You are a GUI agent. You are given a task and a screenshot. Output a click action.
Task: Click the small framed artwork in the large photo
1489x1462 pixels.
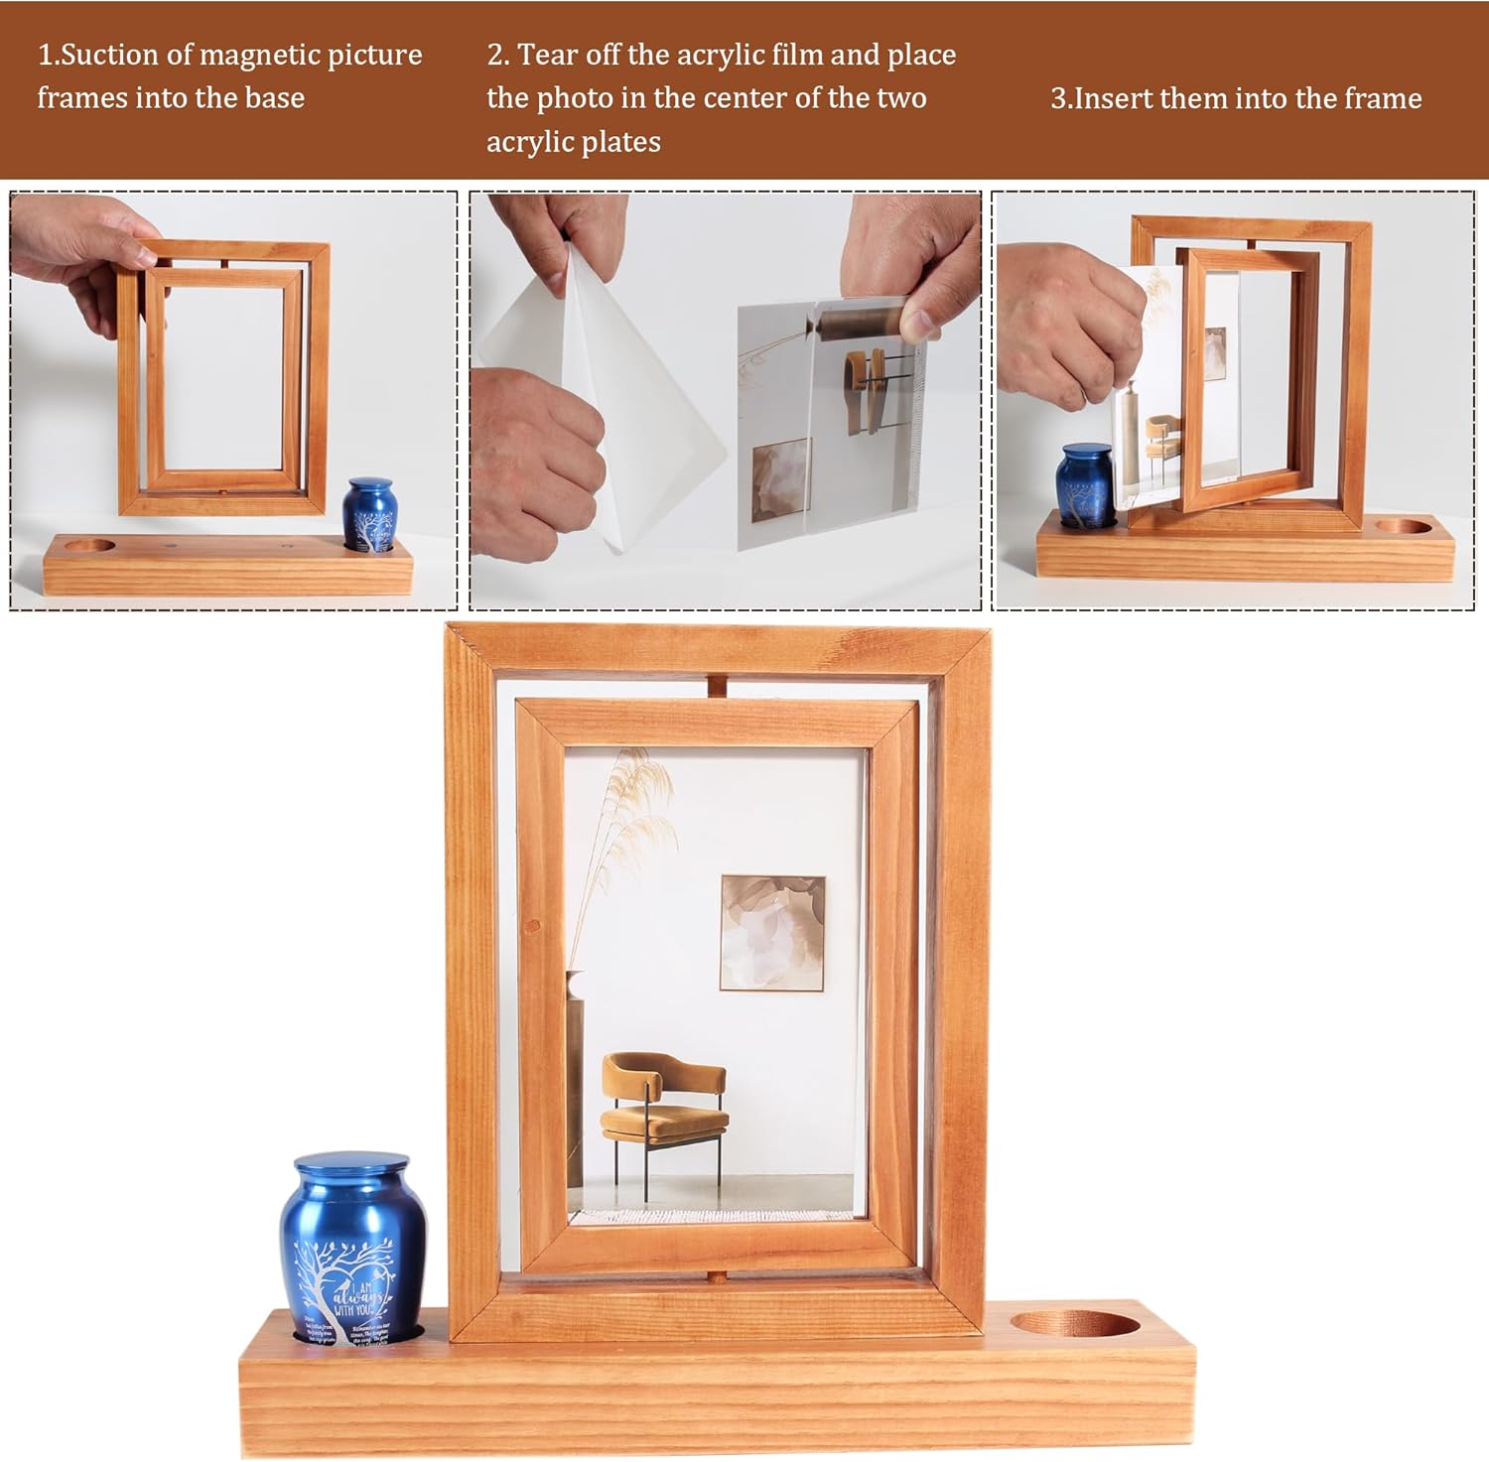772,933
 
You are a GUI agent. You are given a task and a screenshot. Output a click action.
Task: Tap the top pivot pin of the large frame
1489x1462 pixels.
719,687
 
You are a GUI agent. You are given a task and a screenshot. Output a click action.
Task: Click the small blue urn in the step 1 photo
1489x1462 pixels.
370,513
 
